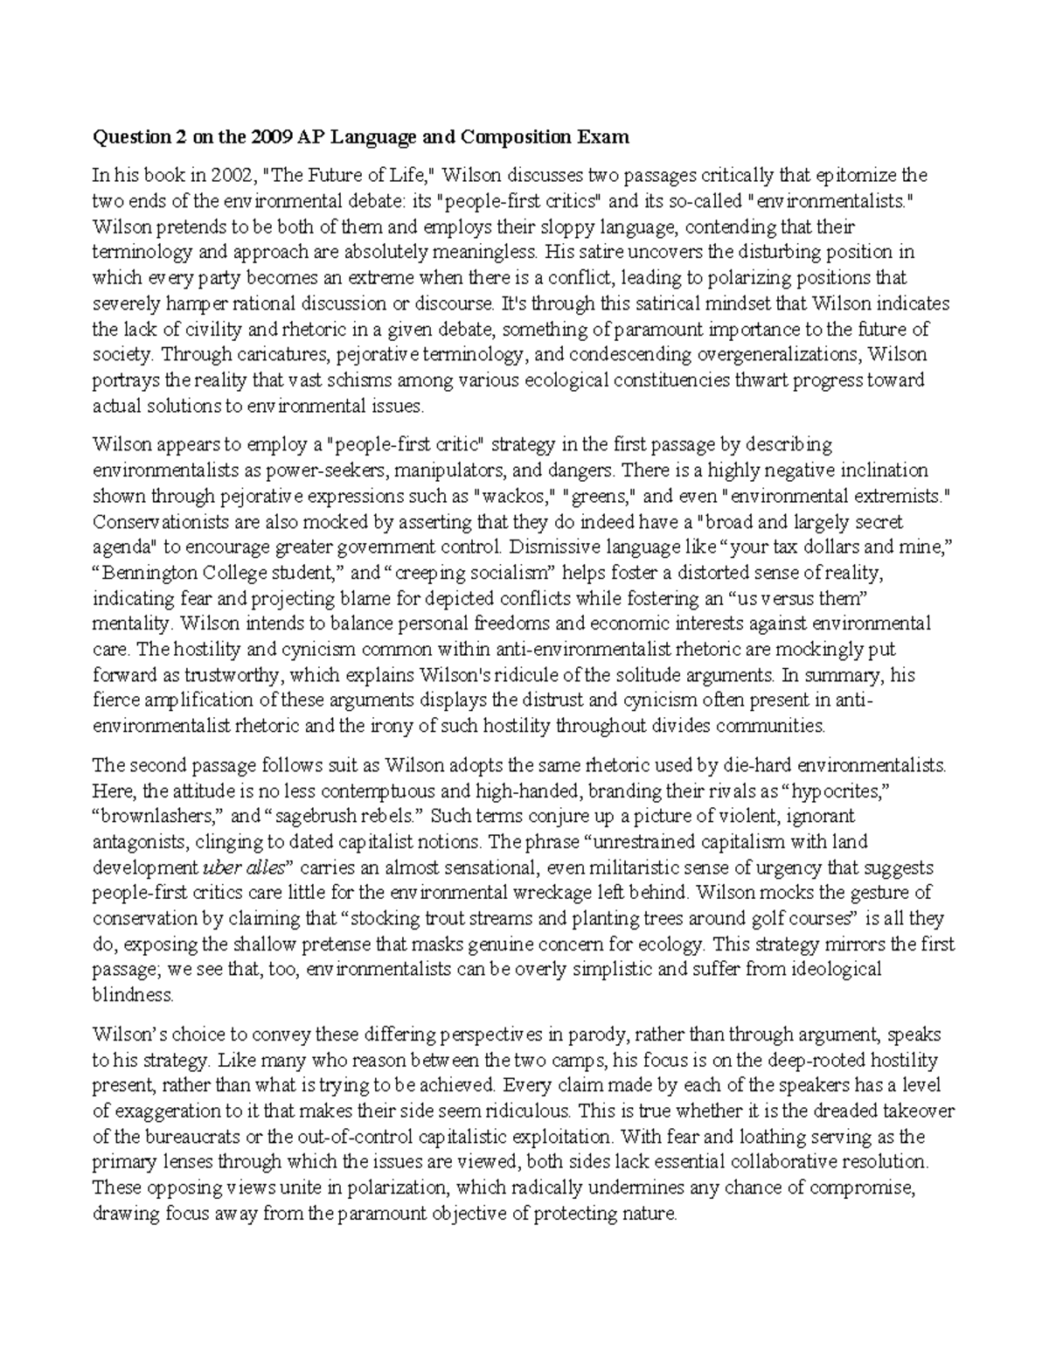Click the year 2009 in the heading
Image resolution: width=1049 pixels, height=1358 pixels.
click(x=270, y=137)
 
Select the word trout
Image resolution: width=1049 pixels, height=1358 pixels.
click(x=442, y=919)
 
